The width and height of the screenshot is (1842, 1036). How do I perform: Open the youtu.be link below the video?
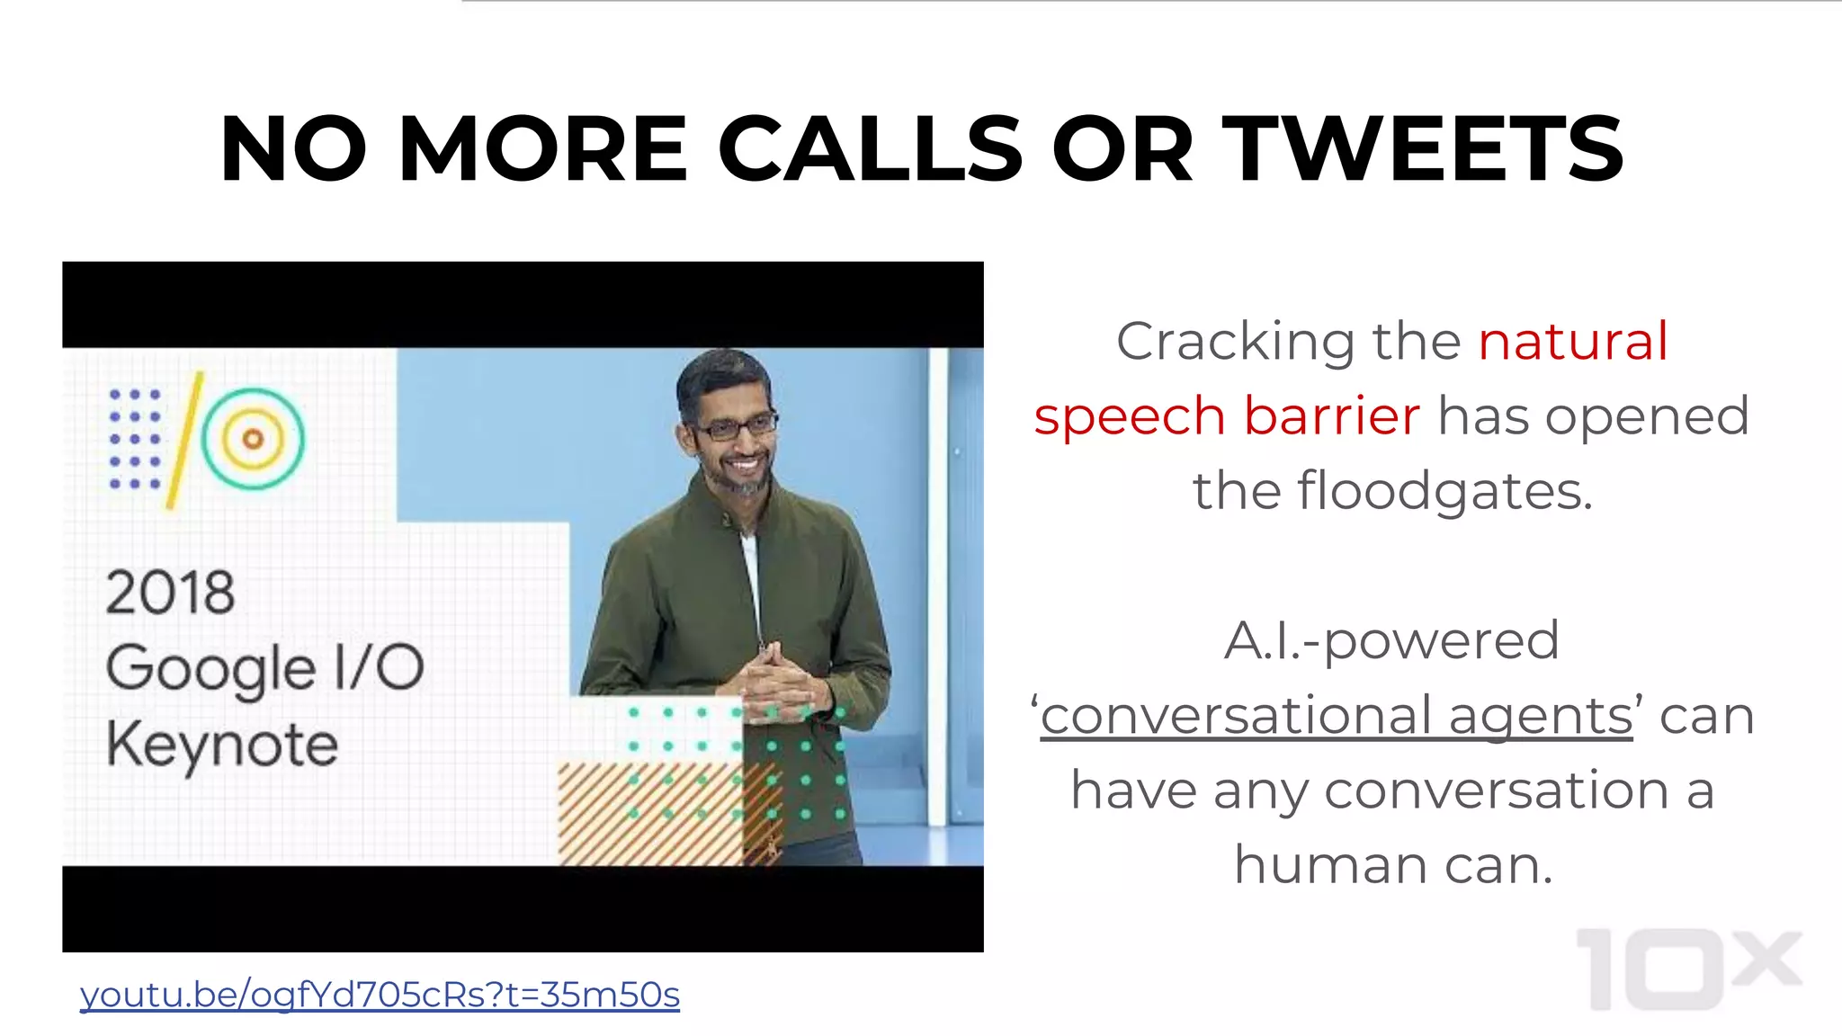pyautogui.click(x=380, y=995)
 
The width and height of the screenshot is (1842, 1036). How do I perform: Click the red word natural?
pyautogui.click(x=1573, y=342)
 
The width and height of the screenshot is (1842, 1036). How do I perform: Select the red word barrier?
pyautogui.click(x=1332, y=416)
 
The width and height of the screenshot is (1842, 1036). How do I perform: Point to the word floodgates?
pyautogui.click(x=1444, y=492)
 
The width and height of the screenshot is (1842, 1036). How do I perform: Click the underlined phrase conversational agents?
pyautogui.click(x=1337, y=716)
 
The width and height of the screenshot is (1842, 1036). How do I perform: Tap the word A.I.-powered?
pyautogui.click(x=1391, y=641)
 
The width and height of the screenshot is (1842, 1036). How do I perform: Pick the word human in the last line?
pyautogui.click(x=1330, y=865)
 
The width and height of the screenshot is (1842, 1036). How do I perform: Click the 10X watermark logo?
pyautogui.click(x=1688, y=969)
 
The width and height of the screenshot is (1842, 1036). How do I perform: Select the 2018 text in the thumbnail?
pyautogui.click(x=170, y=593)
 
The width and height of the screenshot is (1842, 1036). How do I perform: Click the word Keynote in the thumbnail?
pyautogui.click(x=222, y=746)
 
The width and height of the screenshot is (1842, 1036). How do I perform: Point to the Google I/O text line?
pyautogui.click(x=264, y=669)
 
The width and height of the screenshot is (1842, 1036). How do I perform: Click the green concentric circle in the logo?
pyautogui.click(x=253, y=438)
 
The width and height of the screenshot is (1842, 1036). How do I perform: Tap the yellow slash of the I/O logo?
pyautogui.click(x=184, y=441)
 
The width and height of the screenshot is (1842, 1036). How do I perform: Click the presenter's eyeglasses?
pyautogui.click(x=733, y=425)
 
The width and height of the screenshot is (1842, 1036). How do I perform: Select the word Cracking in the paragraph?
pyautogui.click(x=1235, y=342)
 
